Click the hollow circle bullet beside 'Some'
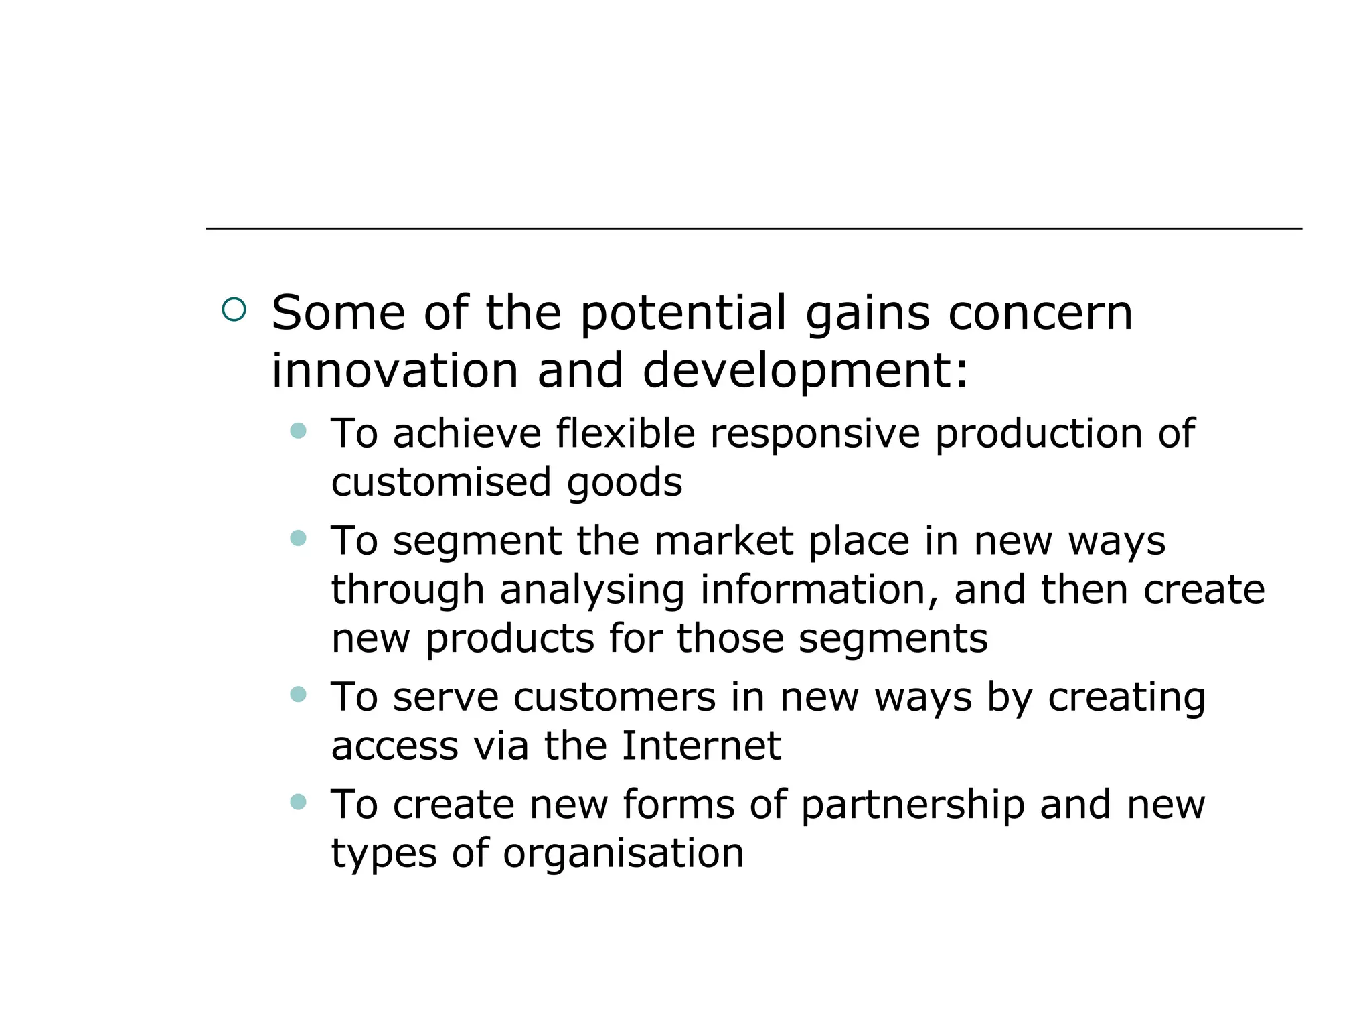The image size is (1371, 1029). [234, 310]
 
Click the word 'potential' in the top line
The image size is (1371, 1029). [683, 314]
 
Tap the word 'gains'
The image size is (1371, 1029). [868, 314]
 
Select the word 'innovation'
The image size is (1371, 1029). [395, 371]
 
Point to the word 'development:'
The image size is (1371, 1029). [805, 371]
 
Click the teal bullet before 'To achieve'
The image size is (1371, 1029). [299, 431]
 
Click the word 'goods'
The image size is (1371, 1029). [625, 482]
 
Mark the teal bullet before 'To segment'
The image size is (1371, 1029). [299, 538]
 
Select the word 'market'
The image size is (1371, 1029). [724, 541]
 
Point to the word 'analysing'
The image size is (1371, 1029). [592, 590]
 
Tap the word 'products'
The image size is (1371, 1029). [510, 638]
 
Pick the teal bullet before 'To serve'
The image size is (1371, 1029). [299, 695]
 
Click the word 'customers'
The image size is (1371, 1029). [615, 697]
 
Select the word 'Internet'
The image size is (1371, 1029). [701, 746]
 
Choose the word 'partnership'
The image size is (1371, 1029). [913, 805]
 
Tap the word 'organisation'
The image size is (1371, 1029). [623, 853]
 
